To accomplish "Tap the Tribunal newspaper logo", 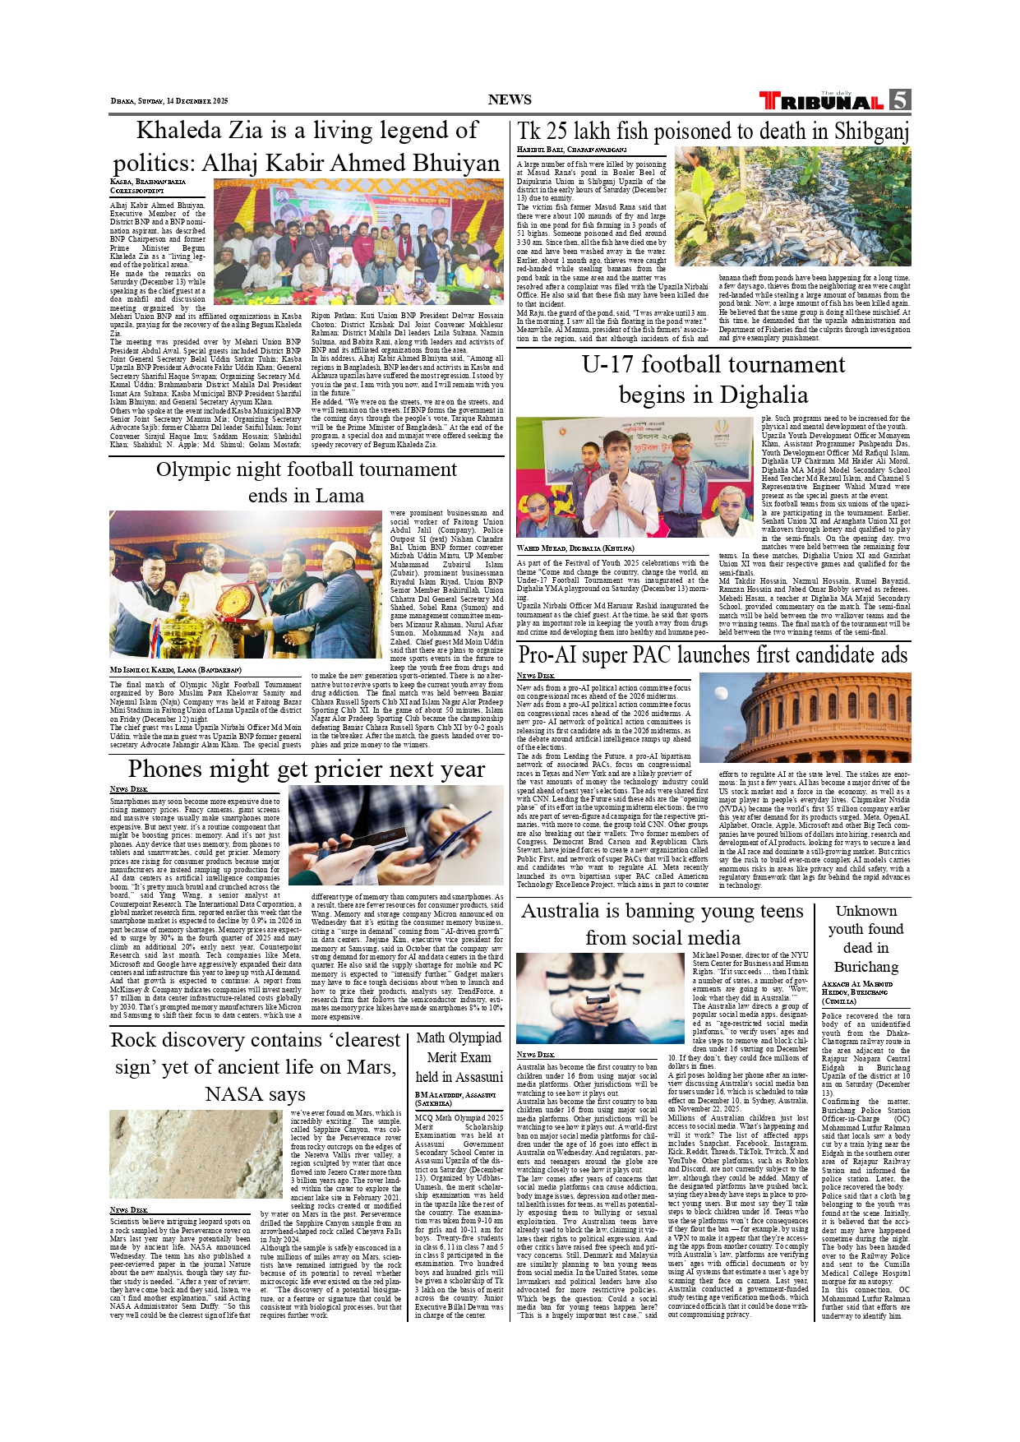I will [822, 101].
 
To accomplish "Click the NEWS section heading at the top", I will [510, 99].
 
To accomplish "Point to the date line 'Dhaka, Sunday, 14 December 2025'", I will [169, 101].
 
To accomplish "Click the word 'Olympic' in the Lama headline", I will [194, 469].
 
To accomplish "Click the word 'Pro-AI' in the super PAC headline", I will [549, 655].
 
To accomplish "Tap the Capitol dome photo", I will [804, 717].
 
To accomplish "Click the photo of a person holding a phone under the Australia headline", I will [590, 997].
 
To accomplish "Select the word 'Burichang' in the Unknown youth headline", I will [865, 967].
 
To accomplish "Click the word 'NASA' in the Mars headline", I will [233, 1094].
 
